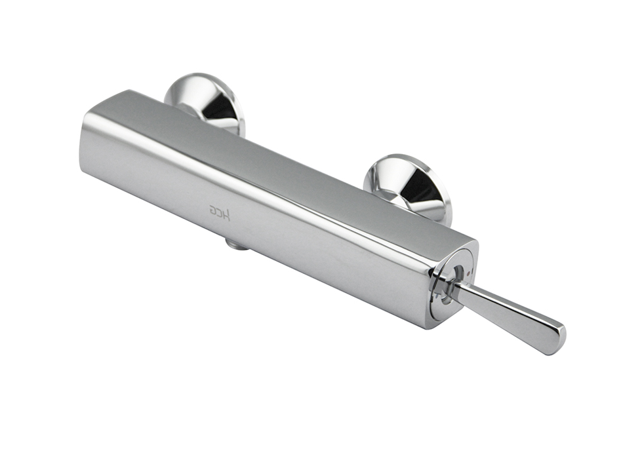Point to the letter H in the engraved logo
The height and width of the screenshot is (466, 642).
tap(227, 214)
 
